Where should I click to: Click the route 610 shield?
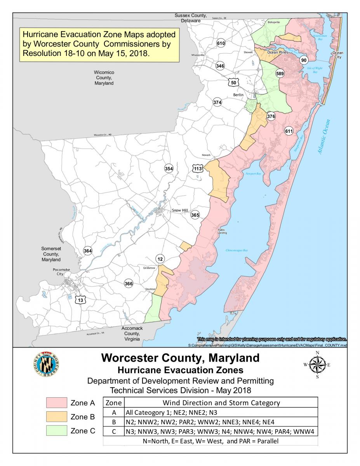pos(221,43)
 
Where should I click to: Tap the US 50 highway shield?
pos(233,82)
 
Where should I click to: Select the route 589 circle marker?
pos(280,74)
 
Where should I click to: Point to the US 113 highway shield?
pos(198,169)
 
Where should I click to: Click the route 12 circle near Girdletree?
pos(160,259)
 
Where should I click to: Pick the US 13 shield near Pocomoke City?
pos(80,300)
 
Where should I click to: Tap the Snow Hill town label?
pos(180,210)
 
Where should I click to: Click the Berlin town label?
pos(238,95)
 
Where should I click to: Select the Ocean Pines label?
pos(277,52)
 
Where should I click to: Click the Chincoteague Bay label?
pos(237,250)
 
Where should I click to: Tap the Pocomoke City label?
pos(58,271)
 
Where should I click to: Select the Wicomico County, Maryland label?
pos(104,78)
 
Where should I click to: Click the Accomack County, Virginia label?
pos(132,333)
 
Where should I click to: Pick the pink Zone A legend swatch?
pos(57,403)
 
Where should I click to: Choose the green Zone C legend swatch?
pos(57,431)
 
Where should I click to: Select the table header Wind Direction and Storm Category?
pos(221,403)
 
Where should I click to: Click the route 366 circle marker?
pos(129,283)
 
